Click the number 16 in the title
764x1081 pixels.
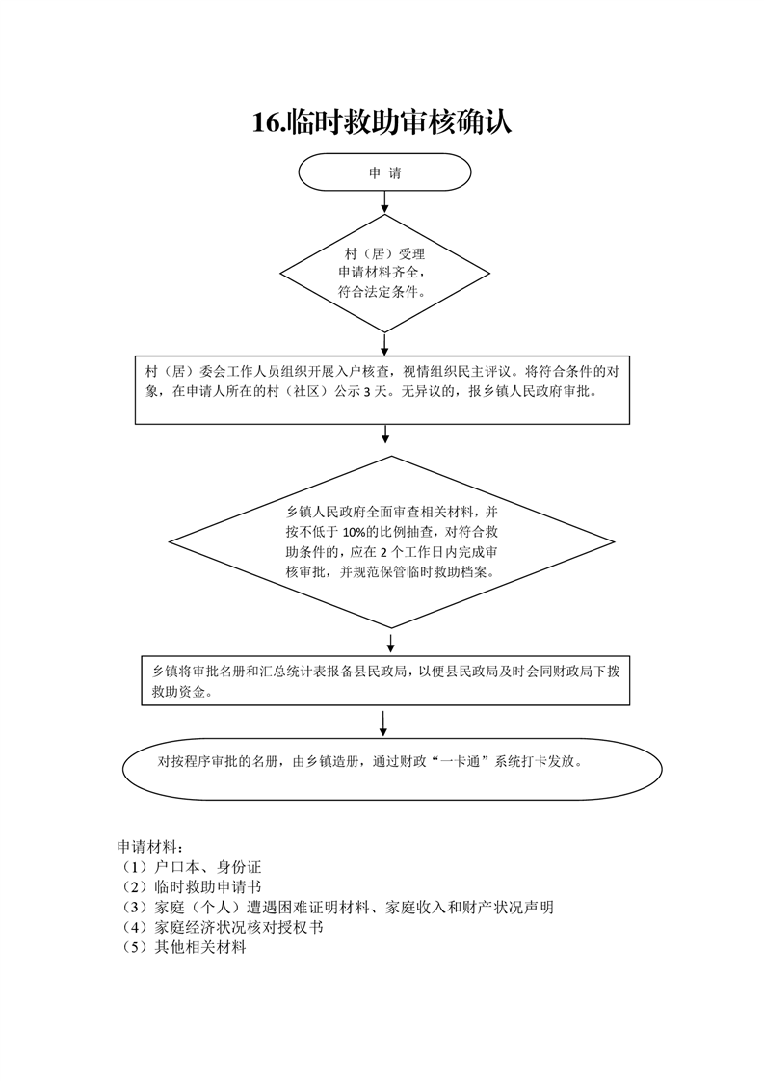click(266, 122)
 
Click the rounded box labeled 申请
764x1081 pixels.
click(384, 172)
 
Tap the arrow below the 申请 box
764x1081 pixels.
click(384, 202)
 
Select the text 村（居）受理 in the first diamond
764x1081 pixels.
click(384, 253)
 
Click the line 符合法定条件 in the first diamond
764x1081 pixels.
click(381, 292)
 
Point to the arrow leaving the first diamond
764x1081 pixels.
click(384, 344)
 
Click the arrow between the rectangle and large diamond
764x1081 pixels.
click(385, 434)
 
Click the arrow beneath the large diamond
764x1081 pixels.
click(391, 643)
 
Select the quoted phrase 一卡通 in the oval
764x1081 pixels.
click(464, 762)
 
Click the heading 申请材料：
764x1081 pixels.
click(149, 847)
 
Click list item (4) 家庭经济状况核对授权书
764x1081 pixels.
click(220, 927)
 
